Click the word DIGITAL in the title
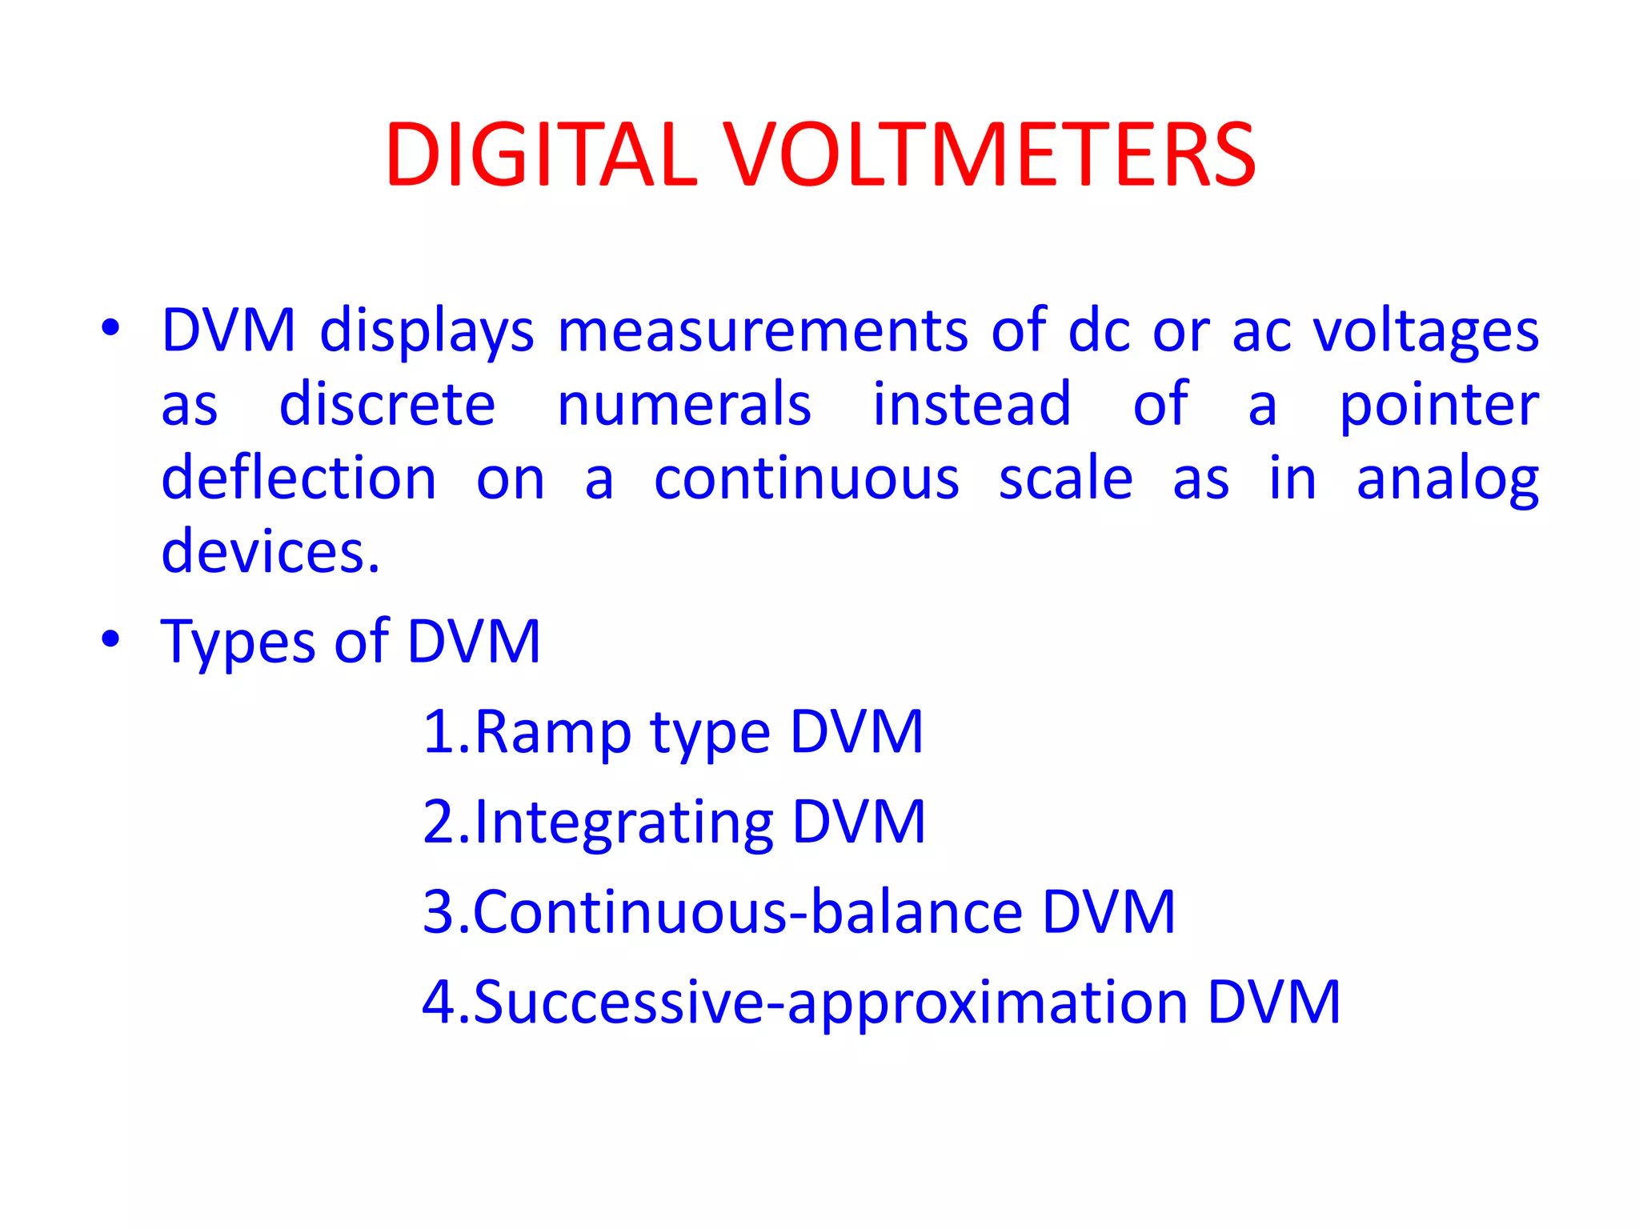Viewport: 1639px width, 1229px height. point(542,155)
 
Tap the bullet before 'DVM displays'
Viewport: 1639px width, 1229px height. point(110,328)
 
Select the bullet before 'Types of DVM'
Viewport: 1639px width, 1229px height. point(110,639)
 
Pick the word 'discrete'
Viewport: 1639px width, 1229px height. point(387,404)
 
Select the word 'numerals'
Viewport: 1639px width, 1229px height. point(684,404)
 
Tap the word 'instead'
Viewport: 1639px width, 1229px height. point(972,404)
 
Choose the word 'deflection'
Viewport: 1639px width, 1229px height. point(299,478)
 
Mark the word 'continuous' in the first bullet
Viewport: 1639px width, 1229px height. point(807,478)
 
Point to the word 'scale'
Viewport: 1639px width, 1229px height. point(1066,478)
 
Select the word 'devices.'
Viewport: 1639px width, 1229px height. point(270,552)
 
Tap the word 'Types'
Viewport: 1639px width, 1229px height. point(238,643)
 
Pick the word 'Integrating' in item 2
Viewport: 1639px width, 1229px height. point(624,823)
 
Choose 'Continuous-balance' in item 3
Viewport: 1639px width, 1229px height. point(748,911)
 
